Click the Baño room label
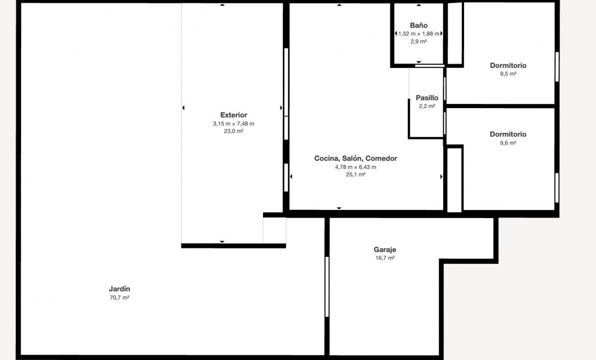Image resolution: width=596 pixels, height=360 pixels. pyautogui.click(x=419, y=25)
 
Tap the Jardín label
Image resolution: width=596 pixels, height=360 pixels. pyautogui.click(x=119, y=289)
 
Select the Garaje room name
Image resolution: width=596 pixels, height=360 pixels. pyautogui.click(x=385, y=249)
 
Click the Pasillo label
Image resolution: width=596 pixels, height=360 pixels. pyautogui.click(x=427, y=98)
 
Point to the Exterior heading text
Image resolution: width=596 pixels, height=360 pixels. pyautogui.click(x=234, y=115)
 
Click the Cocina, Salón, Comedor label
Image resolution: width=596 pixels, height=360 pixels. pyautogui.click(x=355, y=158)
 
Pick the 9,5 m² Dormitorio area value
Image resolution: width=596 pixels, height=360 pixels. pyautogui.click(x=508, y=74)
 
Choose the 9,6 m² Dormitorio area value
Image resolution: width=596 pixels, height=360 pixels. pyautogui.click(x=508, y=142)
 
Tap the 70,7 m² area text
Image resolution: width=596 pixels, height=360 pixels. pyautogui.click(x=119, y=297)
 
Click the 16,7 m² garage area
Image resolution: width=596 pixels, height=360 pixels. pyautogui.click(x=385, y=258)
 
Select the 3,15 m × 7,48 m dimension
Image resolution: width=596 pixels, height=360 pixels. pyautogui.click(x=234, y=123)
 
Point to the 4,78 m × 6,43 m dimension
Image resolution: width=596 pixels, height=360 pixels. pyautogui.click(x=355, y=167)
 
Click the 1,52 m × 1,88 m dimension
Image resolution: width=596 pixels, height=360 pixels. pyautogui.click(x=419, y=33)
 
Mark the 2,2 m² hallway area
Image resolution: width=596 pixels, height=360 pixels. pyautogui.click(x=427, y=106)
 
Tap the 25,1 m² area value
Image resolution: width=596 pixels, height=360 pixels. pyautogui.click(x=355, y=174)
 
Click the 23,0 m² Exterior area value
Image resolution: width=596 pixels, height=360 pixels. pyautogui.click(x=234, y=131)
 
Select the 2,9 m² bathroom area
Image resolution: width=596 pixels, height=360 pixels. pyautogui.click(x=419, y=41)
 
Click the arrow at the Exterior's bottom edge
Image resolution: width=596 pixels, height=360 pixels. pyautogui.click(x=222, y=241)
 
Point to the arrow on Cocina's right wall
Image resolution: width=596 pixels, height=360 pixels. pyautogui.click(x=441, y=176)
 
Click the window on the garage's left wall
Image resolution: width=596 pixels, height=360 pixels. pyautogui.click(x=327, y=286)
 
